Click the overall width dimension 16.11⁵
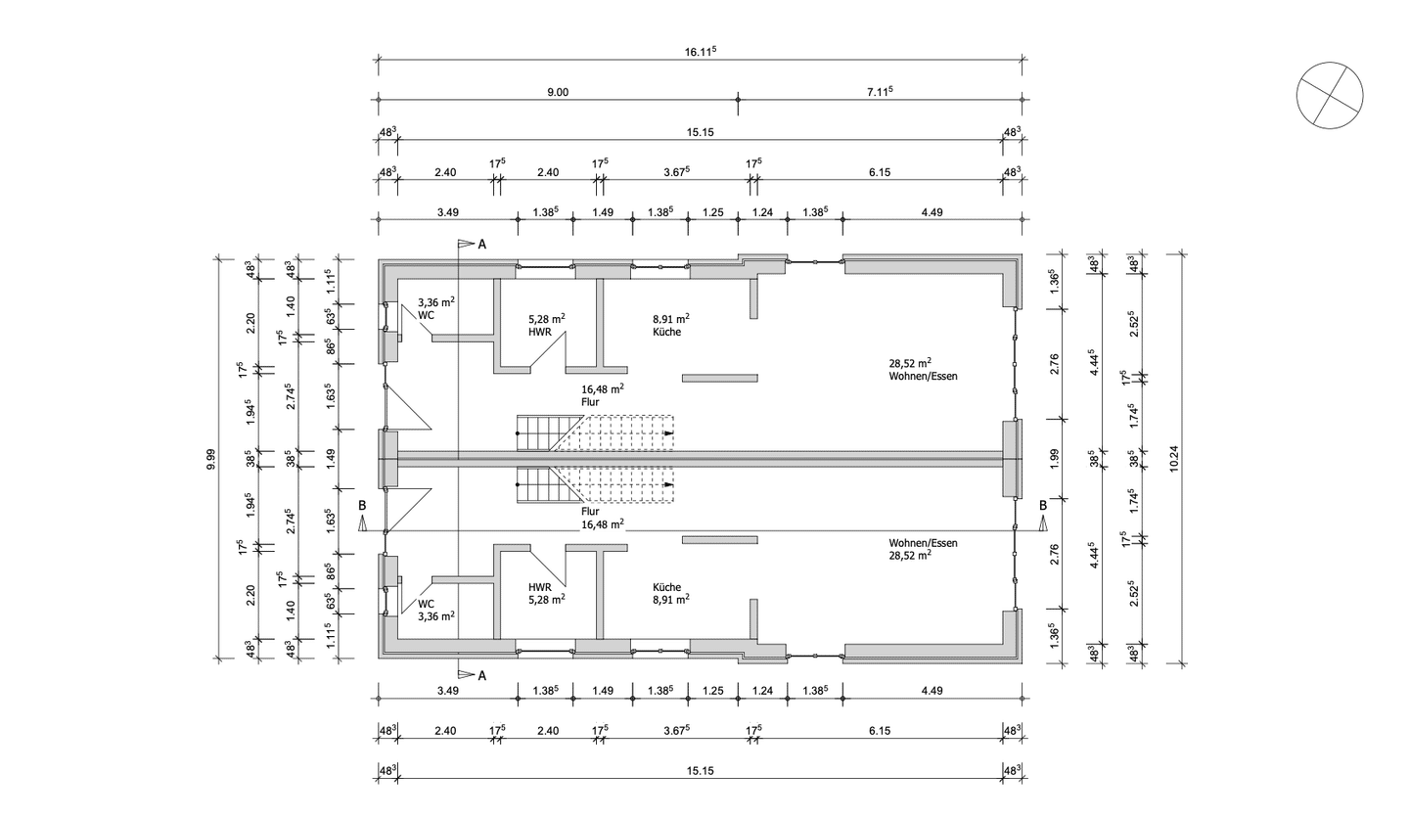[x=701, y=51]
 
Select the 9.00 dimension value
[x=558, y=93]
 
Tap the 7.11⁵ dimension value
[x=880, y=91]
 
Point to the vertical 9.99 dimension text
[x=210, y=458]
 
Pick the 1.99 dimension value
[x=1055, y=459]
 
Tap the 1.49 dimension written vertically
[x=331, y=459]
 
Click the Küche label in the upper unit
[x=666, y=333]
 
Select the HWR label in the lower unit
[x=540, y=587]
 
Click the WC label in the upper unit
[x=426, y=315]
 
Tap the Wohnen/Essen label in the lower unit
[x=923, y=543]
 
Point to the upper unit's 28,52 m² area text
[x=910, y=363]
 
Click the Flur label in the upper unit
[x=590, y=402]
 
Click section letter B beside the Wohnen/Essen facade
[x=1042, y=505]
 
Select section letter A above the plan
[x=481, y=245]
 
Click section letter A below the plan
[x=481, y=676]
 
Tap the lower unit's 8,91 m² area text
[x=670, y=600]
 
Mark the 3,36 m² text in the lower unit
[x=436, y=616]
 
